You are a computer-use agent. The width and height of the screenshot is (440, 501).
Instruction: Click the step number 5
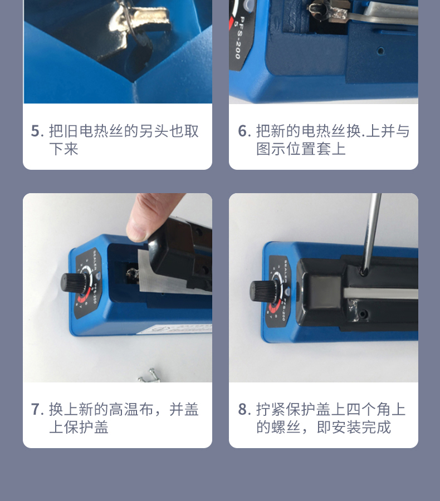[36, 131]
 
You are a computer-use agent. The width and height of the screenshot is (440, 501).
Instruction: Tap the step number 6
[243, 131]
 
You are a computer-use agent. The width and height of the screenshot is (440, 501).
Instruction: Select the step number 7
[36, 410]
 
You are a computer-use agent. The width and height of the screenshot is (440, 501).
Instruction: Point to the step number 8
[243, 410]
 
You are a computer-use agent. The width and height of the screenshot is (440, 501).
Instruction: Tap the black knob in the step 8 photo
[260, 291]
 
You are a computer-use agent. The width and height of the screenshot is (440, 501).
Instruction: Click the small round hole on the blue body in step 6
[380, 51]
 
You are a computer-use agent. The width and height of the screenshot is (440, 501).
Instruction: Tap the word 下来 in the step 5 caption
[63, 149]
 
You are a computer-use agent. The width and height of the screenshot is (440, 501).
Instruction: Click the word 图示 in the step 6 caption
[271, 149]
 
